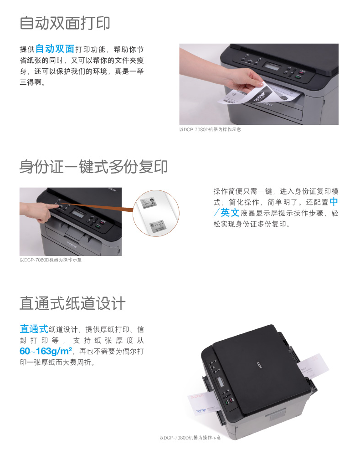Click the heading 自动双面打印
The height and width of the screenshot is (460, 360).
65,23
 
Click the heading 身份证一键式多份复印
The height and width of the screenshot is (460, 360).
94,167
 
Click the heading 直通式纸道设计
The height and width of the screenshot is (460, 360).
72,303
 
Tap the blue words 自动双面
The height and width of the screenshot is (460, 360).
55,49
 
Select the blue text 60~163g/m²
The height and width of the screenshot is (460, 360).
46,351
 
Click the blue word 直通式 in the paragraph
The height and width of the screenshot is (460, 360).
34,329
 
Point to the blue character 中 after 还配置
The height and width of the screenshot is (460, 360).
334,202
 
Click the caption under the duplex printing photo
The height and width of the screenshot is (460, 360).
210,129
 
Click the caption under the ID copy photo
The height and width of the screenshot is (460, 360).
51,260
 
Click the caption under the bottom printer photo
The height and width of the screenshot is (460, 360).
190,438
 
